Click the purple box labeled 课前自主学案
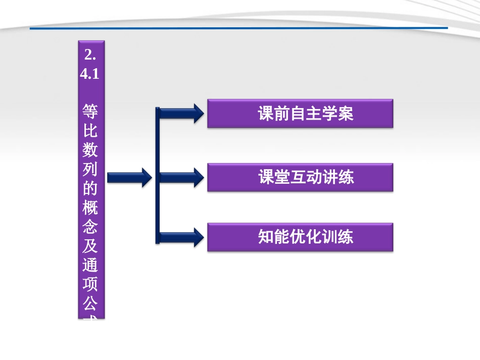300,114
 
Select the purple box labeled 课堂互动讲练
300,177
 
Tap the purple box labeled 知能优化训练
300,237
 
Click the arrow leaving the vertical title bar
129,177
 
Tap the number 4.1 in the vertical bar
91,73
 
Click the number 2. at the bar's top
91,55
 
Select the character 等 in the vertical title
91,111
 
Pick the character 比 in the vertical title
91,131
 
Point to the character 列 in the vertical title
91,169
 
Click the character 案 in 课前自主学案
346,114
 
